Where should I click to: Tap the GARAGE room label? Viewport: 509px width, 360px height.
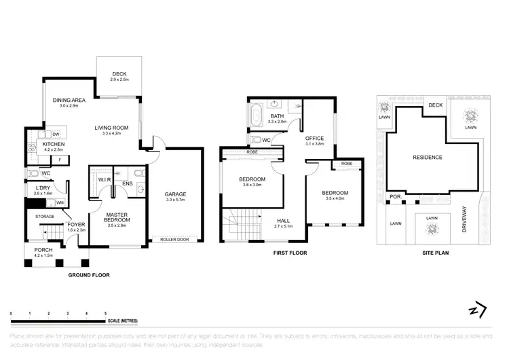[175, 194]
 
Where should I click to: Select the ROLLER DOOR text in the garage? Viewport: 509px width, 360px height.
[174, 239]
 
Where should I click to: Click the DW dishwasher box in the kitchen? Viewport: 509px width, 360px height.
[56, 134]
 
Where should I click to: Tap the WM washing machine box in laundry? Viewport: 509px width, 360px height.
[60, 202]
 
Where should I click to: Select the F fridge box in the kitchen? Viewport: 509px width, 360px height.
[60, 159]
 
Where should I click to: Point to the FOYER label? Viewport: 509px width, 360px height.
[76, 224]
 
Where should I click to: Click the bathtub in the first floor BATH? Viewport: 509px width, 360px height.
[256, 115]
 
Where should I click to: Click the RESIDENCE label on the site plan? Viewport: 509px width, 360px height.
[427, 158]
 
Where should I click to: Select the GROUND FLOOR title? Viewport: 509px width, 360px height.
[89, 275]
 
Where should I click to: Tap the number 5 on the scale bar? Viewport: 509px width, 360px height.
[105, 312]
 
